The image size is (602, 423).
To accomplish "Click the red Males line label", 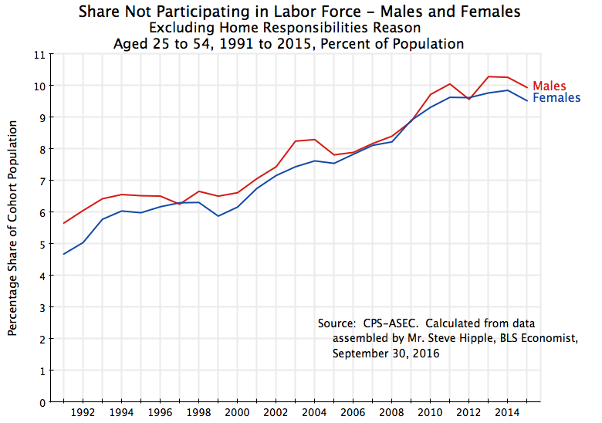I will click(x=550, y=86).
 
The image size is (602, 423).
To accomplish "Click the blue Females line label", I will click(x=556, y=99).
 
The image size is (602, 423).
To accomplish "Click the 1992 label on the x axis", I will click(x=83, y=413).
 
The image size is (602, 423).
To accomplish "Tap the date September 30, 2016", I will click(x=386, y=354).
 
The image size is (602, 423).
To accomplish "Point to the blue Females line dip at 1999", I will click(x=218, y=216).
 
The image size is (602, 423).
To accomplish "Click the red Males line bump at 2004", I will click(x=314, y=140).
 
